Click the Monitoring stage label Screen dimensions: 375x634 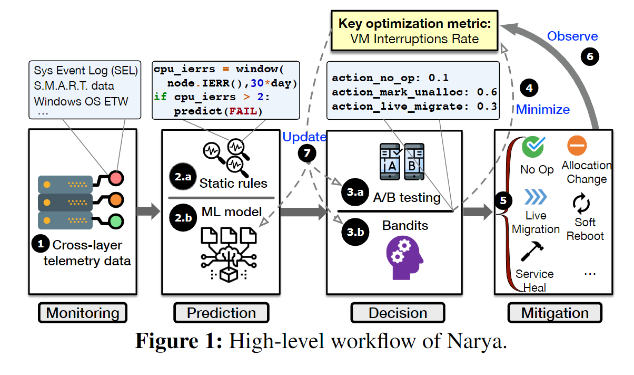(83, 313)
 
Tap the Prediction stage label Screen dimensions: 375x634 (221, 313)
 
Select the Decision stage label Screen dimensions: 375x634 (398, 313)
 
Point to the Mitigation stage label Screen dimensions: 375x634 (555, 313)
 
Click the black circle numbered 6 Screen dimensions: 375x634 (590, 57)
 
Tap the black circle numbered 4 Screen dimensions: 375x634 (529, 88)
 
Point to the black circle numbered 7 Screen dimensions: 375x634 (307, 153)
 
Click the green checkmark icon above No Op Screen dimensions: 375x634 (532, 146)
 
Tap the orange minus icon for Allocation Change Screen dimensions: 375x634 (577, 146)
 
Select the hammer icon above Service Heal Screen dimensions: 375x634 (532, 252)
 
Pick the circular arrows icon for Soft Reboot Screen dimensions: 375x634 (581, 204)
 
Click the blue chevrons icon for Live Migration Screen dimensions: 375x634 (535, 197)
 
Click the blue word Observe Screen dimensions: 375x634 (572, 36)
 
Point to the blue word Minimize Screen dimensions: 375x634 (542, 110)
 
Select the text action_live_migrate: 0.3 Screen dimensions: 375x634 (414, 106)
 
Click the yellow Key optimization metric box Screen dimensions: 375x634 (414, 32)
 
